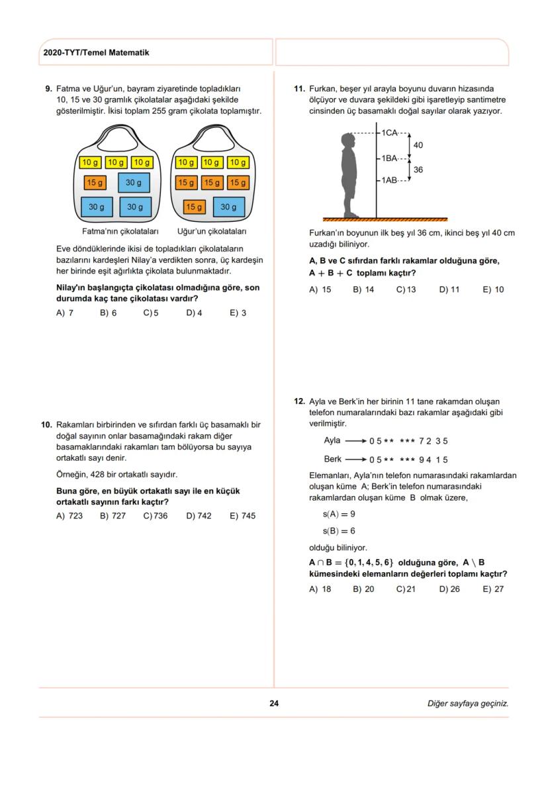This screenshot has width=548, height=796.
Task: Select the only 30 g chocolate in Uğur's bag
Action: (x=228, y=207)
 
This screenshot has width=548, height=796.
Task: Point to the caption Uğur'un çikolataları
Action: (x=212, y=232)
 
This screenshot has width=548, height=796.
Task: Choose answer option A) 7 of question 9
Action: (x=65, y=313)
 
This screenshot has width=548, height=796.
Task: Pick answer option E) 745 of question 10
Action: (x=242, y=516)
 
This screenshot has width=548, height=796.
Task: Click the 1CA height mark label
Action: (x=389, y=133)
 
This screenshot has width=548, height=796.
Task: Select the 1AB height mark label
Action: (x=389, y=180)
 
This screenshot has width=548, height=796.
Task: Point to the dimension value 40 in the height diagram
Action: (x=418, y=145)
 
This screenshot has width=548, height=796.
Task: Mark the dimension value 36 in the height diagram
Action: (x=418, y=170)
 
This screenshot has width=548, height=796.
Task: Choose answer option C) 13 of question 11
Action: (x=406, y=289)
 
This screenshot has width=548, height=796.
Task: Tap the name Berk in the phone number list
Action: (x=333, y=459)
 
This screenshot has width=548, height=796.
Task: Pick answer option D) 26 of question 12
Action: (x=449, y=589)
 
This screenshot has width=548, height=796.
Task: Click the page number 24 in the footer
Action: (x=274, y=703)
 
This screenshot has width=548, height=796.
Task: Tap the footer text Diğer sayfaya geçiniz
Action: (x=468, y=703)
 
